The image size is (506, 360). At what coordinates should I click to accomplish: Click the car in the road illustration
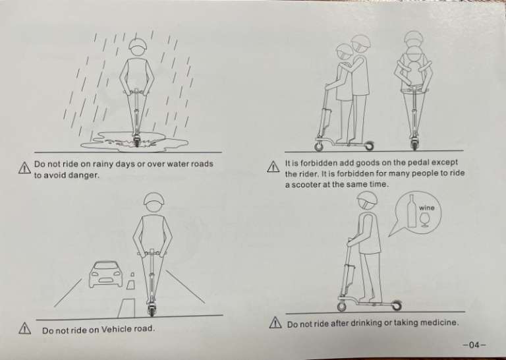[x=106, y=274]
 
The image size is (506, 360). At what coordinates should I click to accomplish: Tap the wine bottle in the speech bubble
[x=411, y=211]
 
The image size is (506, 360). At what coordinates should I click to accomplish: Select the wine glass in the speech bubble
[x=425, y=219]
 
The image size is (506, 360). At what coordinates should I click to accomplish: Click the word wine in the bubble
[x=427, y=208]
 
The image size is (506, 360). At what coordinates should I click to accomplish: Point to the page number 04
[x=474, y=345]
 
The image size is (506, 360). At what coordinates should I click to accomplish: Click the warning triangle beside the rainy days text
[x=24, y=167]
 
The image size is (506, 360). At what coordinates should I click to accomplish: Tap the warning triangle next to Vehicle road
[x=25, y=328]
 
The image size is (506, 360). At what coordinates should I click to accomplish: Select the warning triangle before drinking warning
[x=275, y=322]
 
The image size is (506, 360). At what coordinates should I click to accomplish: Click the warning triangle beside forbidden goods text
[x=273, y=167]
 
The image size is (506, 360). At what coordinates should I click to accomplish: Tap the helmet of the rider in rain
[x=138, y=45]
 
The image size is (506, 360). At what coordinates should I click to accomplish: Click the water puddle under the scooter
[x=134, y=141]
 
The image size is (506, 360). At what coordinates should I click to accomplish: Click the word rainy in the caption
[x=103, y=164]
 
